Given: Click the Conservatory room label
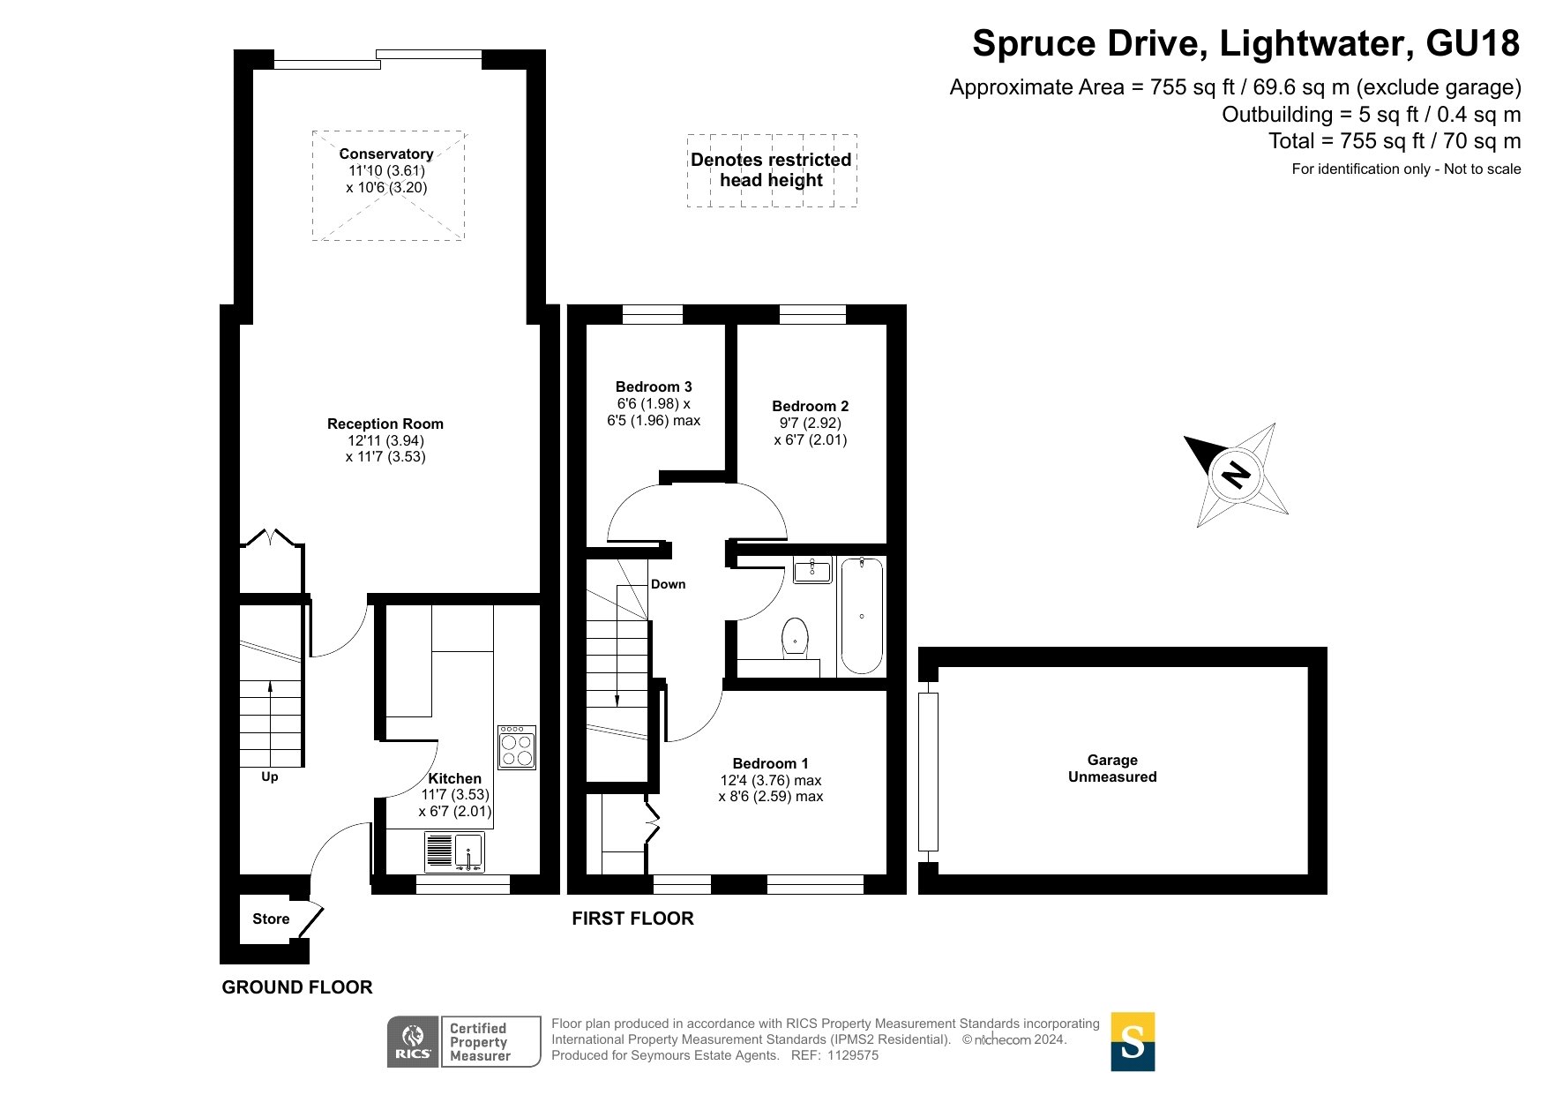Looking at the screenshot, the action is click(386, 154).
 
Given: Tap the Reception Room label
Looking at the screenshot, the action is click(385, 424).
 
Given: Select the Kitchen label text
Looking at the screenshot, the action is click(455, 778).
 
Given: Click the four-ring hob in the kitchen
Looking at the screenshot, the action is click(517, 747).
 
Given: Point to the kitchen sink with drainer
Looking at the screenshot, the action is click(454, 851).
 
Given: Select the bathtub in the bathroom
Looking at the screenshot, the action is click(862, 615).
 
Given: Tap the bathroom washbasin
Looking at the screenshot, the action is click(812, 570).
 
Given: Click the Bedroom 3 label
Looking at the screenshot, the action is click(654, 386).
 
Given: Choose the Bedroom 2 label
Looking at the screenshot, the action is click(811, 406).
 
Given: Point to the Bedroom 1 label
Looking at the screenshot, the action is click(771, 763).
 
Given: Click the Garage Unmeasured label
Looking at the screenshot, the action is click(1112, 769).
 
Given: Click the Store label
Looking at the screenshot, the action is click(271, 919).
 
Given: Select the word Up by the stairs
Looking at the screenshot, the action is click(270, 776).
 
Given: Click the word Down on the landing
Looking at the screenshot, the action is click(669, 584).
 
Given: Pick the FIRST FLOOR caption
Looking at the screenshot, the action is click(632, 919).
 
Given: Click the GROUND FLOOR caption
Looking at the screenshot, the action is click(297, 987).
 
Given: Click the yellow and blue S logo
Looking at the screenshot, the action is click(1133, 1042).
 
